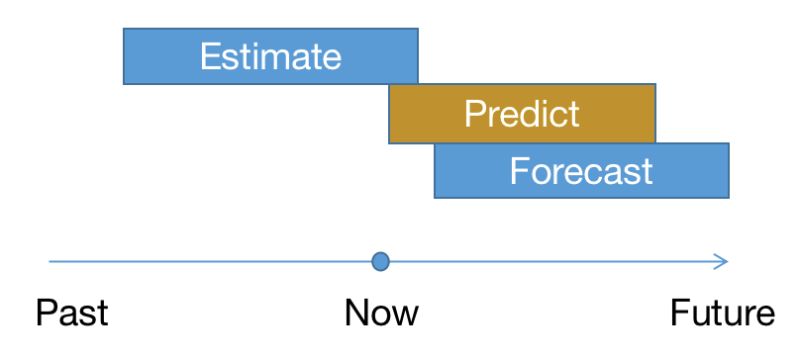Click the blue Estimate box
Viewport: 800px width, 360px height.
[270, 56]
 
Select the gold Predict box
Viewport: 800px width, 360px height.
[522, 113]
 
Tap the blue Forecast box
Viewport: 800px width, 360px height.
[581, 170]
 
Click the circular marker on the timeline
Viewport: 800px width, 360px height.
[380, 262]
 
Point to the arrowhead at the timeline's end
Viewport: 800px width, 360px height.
[722, 262]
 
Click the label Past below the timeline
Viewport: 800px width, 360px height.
[72, 313]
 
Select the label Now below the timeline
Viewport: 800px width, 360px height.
[381, 313]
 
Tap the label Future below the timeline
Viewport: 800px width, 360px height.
[722, 313]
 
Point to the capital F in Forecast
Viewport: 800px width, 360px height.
[519, 170]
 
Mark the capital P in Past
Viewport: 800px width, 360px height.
[46, 313]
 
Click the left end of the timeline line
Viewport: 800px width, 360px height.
[50, 262]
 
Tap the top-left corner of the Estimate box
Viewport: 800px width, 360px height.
[123, 29]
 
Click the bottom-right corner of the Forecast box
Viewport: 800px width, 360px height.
[728, 197]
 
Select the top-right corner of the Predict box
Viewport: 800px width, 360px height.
[655, 85]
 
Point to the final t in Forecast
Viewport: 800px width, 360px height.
[646, 170]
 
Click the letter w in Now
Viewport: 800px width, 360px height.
[404, 315]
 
